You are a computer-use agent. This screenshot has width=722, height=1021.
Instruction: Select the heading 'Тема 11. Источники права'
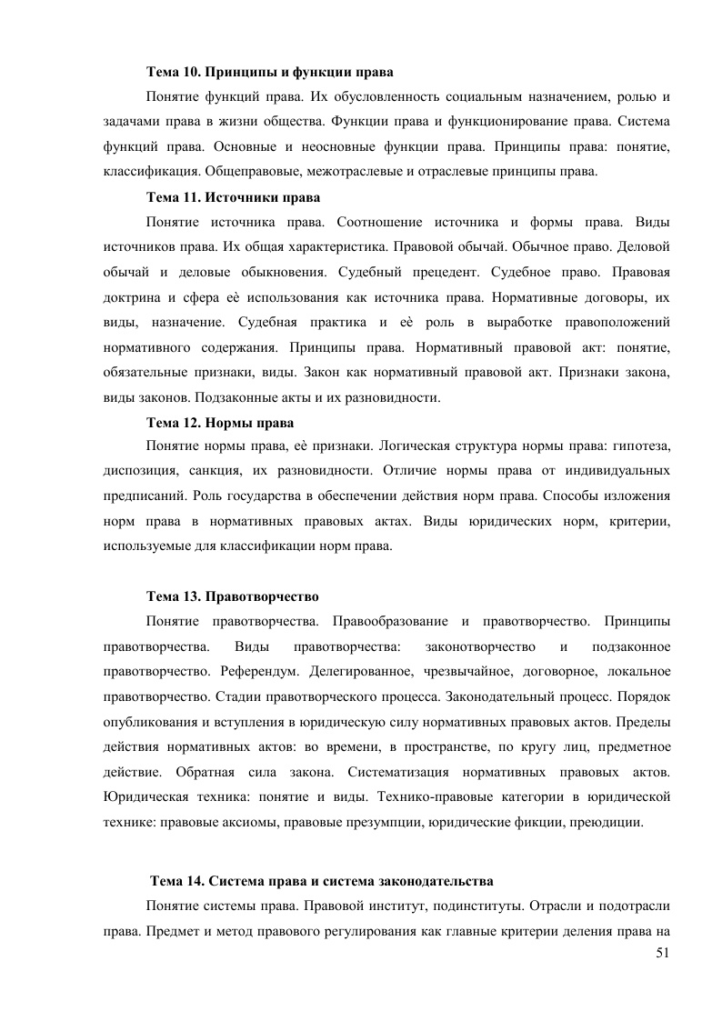234,196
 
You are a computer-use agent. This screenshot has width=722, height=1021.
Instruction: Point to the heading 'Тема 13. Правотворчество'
233,596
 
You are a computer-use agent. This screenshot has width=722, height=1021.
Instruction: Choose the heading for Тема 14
322,881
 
